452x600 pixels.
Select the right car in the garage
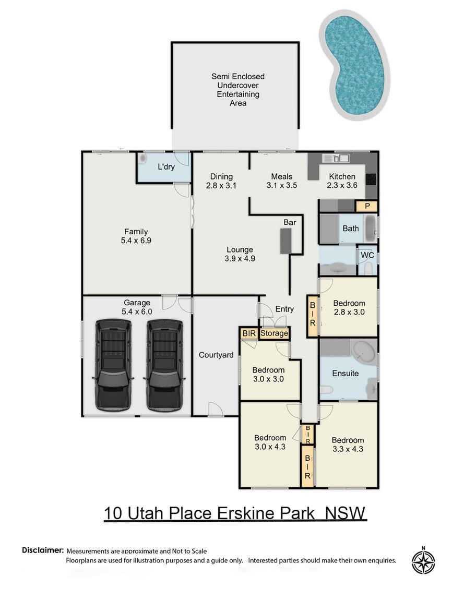164,365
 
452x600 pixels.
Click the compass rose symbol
423,562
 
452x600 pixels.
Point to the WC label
366,256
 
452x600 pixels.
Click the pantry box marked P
367,206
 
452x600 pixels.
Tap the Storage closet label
274,333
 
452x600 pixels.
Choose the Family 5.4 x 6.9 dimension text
136,236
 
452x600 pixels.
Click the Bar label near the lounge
290,222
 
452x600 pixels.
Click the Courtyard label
216,355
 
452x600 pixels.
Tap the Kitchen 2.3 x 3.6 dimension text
342,181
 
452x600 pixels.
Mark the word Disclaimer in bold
43,550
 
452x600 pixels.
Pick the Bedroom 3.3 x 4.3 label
348,444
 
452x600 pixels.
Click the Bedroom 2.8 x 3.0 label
349,308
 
